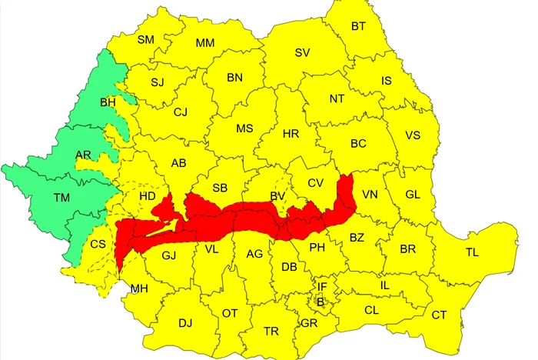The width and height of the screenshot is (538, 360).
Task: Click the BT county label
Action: (358, 26)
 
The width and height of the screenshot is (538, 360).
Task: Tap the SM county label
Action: (146, 39)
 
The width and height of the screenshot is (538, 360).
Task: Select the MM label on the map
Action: (205, 42)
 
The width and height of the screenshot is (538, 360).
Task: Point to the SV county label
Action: (302, 52)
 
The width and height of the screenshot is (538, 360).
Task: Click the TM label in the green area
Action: (62, 198)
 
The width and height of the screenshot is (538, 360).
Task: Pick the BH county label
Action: (108, 102)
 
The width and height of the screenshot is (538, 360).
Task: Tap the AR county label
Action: (84, 155)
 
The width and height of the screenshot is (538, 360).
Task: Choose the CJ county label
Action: (181, 112)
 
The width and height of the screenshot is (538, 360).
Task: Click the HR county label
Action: (291, 134)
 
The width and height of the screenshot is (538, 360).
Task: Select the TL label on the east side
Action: (472, 252)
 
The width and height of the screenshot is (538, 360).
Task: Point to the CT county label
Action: (439, 315)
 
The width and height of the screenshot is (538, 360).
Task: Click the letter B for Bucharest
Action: (321, 302)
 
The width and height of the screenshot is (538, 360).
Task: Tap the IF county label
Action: (322, 287)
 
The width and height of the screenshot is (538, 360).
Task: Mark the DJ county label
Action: (185, 322)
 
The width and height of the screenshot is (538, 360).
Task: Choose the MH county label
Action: (139, 288)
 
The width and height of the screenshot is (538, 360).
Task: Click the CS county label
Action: (98, 244)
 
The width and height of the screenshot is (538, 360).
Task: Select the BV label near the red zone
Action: (277, 197)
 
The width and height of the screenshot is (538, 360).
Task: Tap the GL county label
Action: (413, 195)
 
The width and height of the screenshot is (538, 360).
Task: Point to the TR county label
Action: (271, 331)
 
